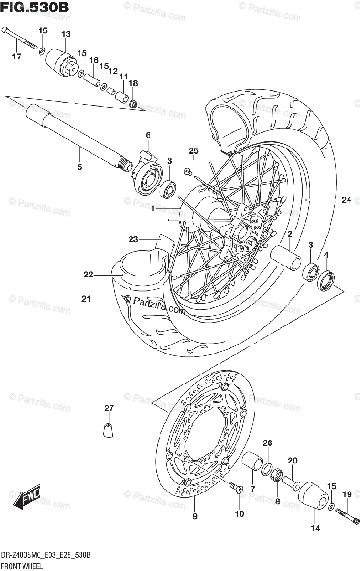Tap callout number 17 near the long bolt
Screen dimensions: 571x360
(17, 58)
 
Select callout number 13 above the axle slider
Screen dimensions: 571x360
(66, 34)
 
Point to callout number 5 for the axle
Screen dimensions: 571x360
(80, 167)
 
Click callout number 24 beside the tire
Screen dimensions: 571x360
(346, 200)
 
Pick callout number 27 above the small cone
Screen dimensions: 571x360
(109, 408)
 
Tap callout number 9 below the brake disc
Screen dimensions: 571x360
(195, 516)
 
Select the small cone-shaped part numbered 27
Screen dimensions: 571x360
(109, 429)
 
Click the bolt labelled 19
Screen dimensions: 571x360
(346, 515)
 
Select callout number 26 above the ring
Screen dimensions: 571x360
(268, 443)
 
